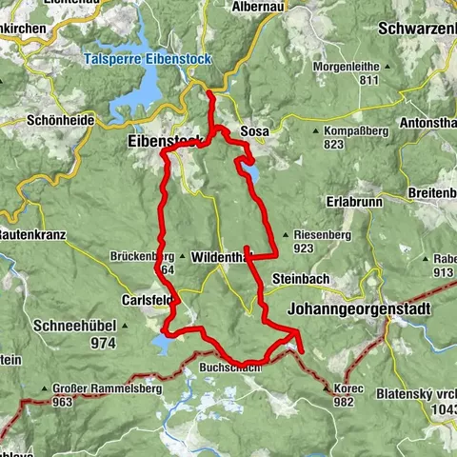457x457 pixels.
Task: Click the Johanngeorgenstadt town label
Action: [x=358, y=308]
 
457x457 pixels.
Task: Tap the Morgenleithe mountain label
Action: [x=358, y=67]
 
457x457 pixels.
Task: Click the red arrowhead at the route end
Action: [x=297, y=336]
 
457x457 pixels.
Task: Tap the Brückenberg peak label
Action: [x=141, y=257]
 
